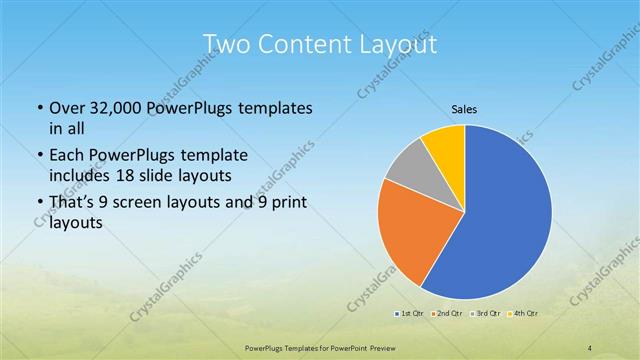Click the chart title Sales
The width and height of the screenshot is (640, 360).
(x=463, y=109)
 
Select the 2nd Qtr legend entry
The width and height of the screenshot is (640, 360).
(x=447, y=314)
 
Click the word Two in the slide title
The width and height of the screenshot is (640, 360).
(x=226, y=44)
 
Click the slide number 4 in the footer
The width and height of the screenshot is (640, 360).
(x=590, y=348)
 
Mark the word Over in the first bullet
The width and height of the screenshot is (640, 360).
(x=67, y=108)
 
